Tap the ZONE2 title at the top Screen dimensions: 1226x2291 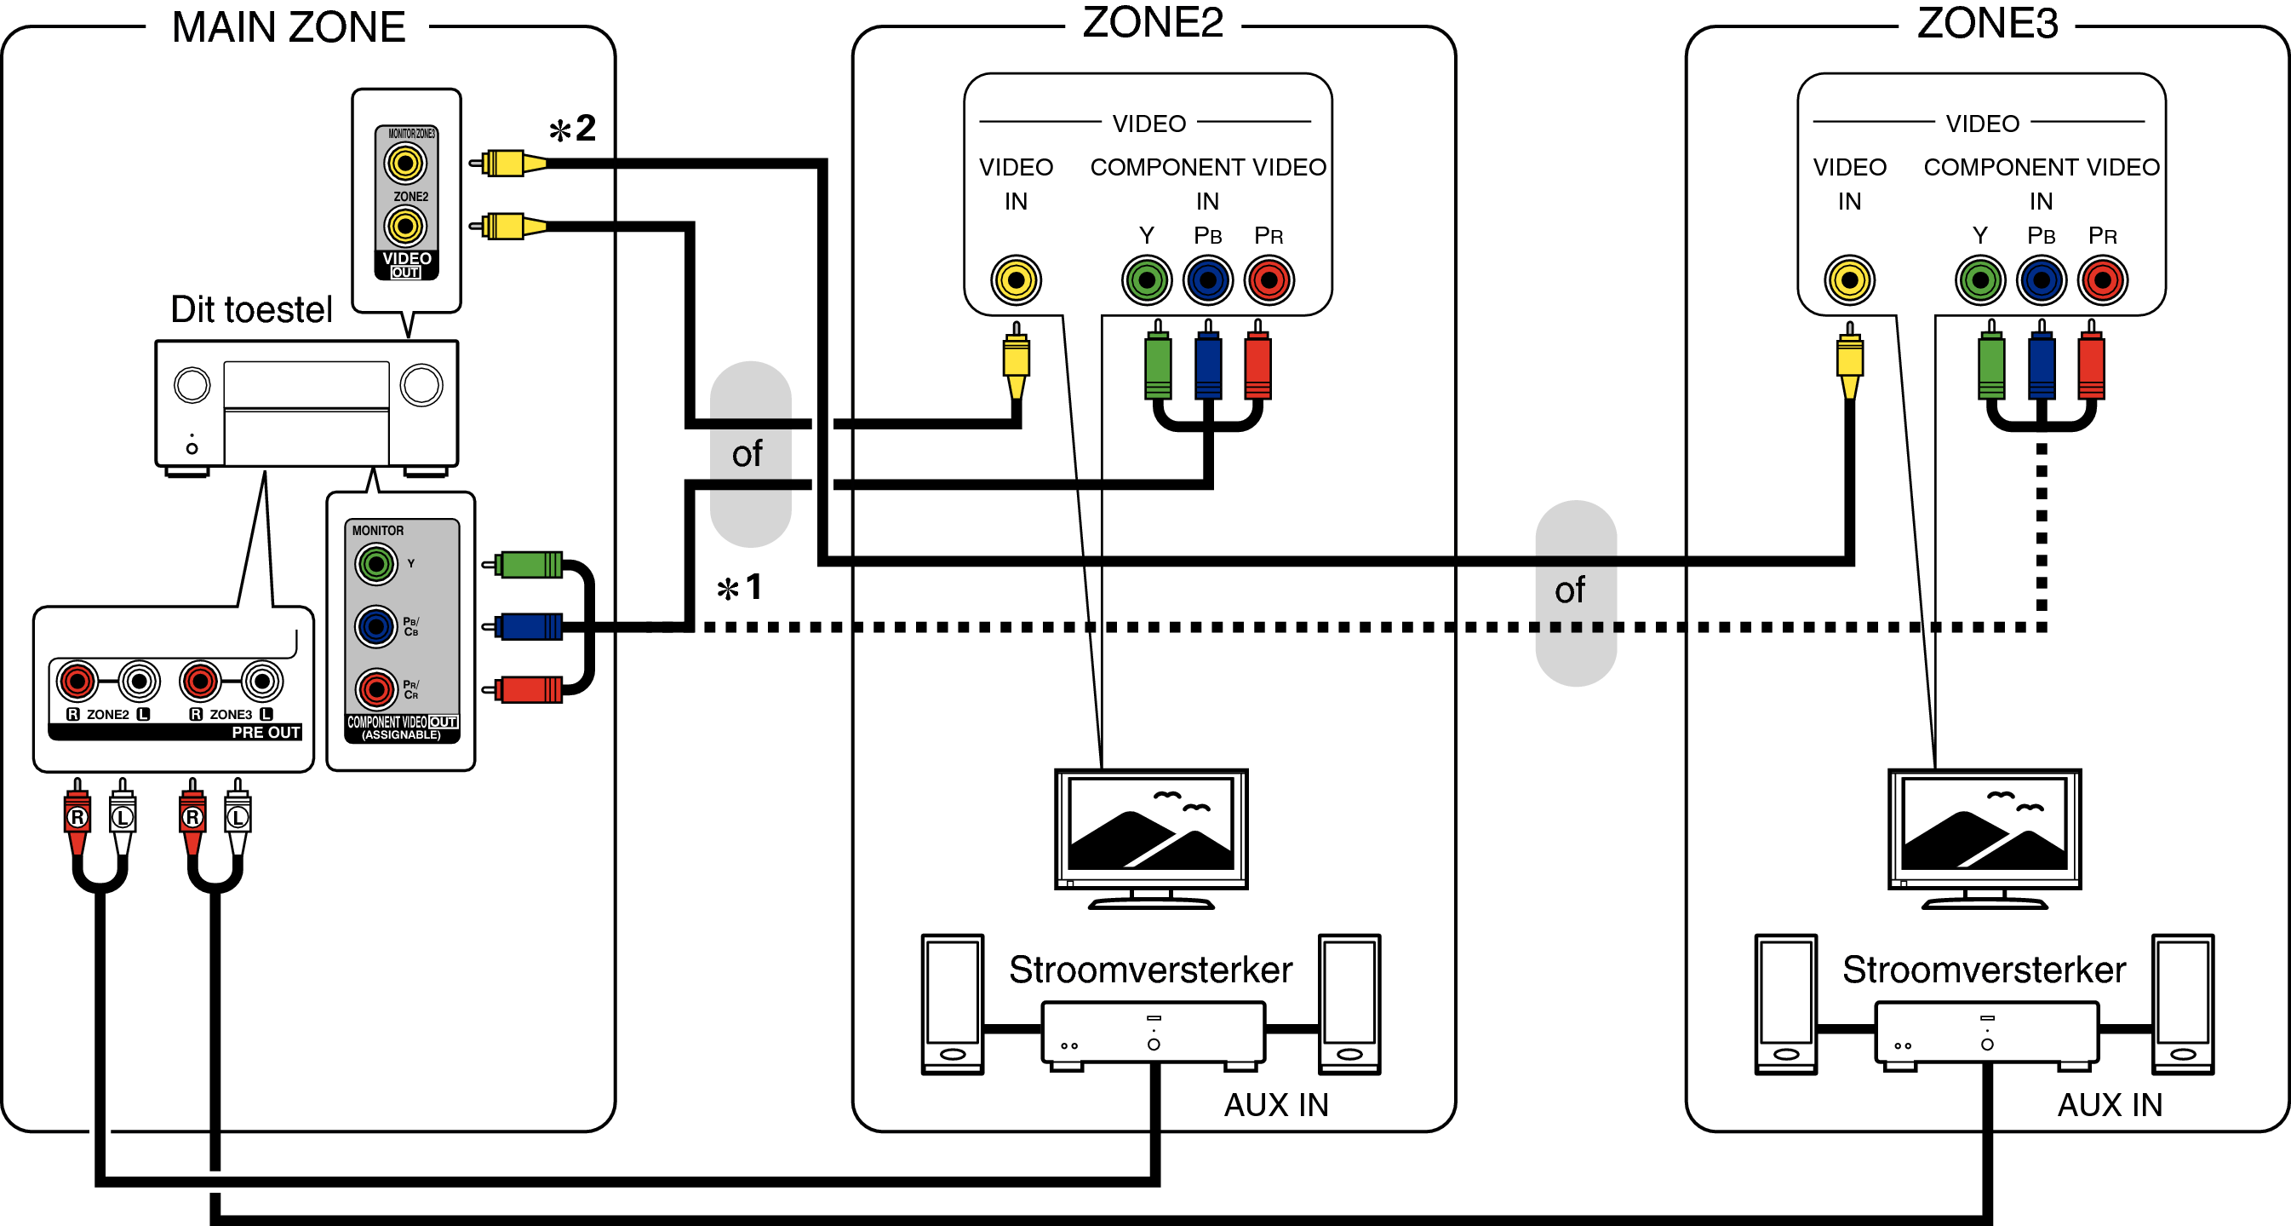point(1152,23)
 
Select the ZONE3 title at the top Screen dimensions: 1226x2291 point(1987,23)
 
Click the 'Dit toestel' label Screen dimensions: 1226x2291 point(251,309)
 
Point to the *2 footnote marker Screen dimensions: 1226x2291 point(572,129)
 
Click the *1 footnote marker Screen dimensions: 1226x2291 point(740,587)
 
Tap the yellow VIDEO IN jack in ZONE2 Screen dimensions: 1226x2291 point(1016,280)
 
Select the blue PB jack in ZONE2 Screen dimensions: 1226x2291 point(1208,280)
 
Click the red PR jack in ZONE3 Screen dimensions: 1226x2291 point(2103,280)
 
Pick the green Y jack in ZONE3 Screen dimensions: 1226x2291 point(1979,280)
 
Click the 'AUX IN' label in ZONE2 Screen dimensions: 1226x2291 point(1276,1105)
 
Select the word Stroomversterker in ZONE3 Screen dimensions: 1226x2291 point(1985,970)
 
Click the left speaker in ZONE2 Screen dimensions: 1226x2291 point(953,1004)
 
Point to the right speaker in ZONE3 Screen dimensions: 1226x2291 point(2183,1004)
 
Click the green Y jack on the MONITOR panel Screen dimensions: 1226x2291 point(376,563)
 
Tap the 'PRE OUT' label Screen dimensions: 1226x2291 point(265,732)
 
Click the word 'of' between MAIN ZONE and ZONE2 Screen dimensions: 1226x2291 point(747,454)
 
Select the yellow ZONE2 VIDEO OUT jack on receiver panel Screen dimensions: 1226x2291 point(405,226)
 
